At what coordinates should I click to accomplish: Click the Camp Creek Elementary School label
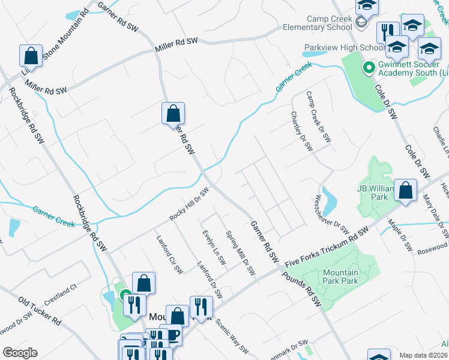330,23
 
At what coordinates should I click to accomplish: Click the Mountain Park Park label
336,277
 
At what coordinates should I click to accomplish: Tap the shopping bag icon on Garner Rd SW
173,113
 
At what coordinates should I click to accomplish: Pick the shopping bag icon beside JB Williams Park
406,191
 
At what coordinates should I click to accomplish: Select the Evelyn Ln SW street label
214,248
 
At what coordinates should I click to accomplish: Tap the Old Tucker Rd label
40,310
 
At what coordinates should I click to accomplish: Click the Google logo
20,353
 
